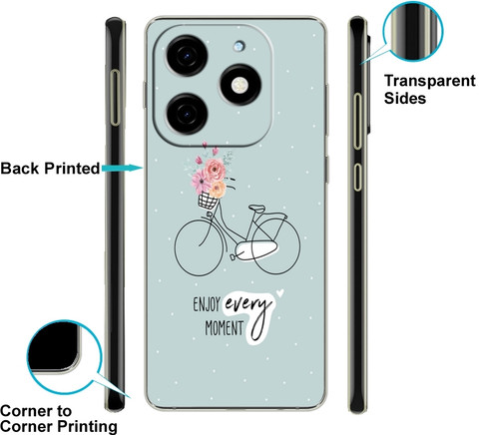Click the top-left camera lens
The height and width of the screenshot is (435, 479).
pos(188,55)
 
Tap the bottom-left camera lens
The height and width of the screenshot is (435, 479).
pos(188,114)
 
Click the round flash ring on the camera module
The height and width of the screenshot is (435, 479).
pos(240,85)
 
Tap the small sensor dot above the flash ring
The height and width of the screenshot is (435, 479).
pos(239,46)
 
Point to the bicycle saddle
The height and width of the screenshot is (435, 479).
pos(257,209)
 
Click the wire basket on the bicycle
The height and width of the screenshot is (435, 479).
pos(208,201)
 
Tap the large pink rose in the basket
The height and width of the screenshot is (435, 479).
pos(215,170)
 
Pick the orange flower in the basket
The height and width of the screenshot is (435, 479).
pos(218,190)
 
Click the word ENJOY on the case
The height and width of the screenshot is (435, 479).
pos(207,304)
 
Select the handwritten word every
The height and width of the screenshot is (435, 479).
pos(246,305)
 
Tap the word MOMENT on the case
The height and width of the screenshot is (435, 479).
pos(225,328)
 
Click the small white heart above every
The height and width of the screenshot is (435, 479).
pos(280,293)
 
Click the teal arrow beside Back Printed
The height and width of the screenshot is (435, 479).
pos(122,168)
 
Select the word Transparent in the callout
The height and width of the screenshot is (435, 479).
pos(430,81)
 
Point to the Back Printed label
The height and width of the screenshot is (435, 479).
pos(50,168)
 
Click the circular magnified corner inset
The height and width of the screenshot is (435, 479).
pos(64,357)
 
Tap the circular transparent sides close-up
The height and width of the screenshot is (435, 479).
pos(413,31)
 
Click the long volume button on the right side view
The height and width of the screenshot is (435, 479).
pos(357,122)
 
